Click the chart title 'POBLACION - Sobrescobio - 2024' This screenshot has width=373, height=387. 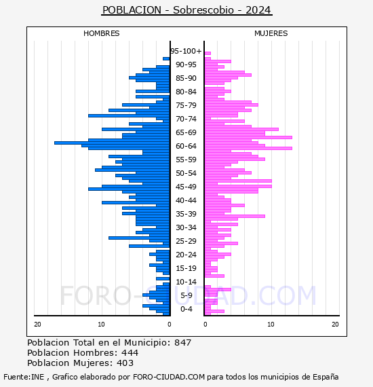[x=186, y=10]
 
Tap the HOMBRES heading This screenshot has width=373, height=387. [x=101, y=33]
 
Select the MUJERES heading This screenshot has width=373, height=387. [x=271, y=33]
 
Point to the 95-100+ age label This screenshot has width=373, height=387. [x=186, y=51]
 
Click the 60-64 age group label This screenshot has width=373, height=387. [x=186, y=146]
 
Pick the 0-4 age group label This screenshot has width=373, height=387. [x=186, y=309]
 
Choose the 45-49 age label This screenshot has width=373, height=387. [x=186, y=187]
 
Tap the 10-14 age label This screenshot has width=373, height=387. [x=186, y=282]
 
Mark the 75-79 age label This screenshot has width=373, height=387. [x=186, y=105]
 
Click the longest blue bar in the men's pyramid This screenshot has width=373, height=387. [x=112, y=143]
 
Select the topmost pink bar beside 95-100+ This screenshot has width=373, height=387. [x=208, y=54]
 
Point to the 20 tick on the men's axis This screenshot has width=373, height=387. [x=37, y=325]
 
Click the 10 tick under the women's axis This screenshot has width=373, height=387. [x=271, y=325]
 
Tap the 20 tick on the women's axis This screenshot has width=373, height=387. [x=335, y=325]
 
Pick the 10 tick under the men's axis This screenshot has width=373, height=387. [x=101, y=325]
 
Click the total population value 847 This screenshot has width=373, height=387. [x=182, y=343]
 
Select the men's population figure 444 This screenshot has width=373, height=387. [x=130, y=353]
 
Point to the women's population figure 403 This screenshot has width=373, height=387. [x=125, y=363]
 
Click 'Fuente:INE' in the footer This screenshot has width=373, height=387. [x=24, y=377]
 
